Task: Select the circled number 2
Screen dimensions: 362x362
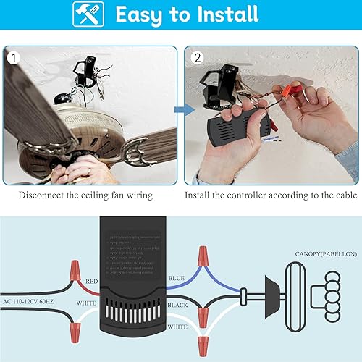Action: (195, 56)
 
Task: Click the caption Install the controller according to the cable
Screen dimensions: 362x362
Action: (271, 195)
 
